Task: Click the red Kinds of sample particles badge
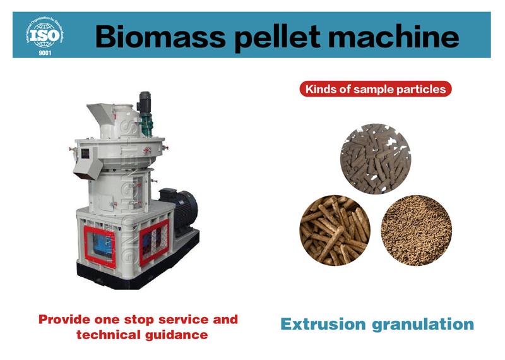pyautogui.click(x=376, y=89)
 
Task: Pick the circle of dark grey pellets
pyautogui.click(x=376, y=159)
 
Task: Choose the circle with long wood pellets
pyautogui.click(x=335, y=230)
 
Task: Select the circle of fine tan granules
pyautogui.click(x=417, y=230)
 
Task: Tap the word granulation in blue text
pyautogui.click(x=423, y=325)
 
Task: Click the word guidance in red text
pyautogui.click(x=176, y=335)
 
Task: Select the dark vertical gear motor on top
pyautogui.click(x=145, y=114)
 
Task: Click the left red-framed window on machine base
pyautogui.click(x=100, y=247)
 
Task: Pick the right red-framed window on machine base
pyautogui.click(x=154, y=242)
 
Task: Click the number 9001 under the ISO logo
pyautogui.click(x=45, y=53)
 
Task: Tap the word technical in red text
pyautogui.click(x=109, y=334)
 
